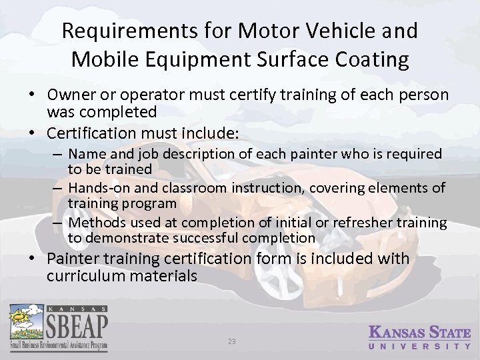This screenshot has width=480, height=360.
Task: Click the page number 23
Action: click(232, 342)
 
